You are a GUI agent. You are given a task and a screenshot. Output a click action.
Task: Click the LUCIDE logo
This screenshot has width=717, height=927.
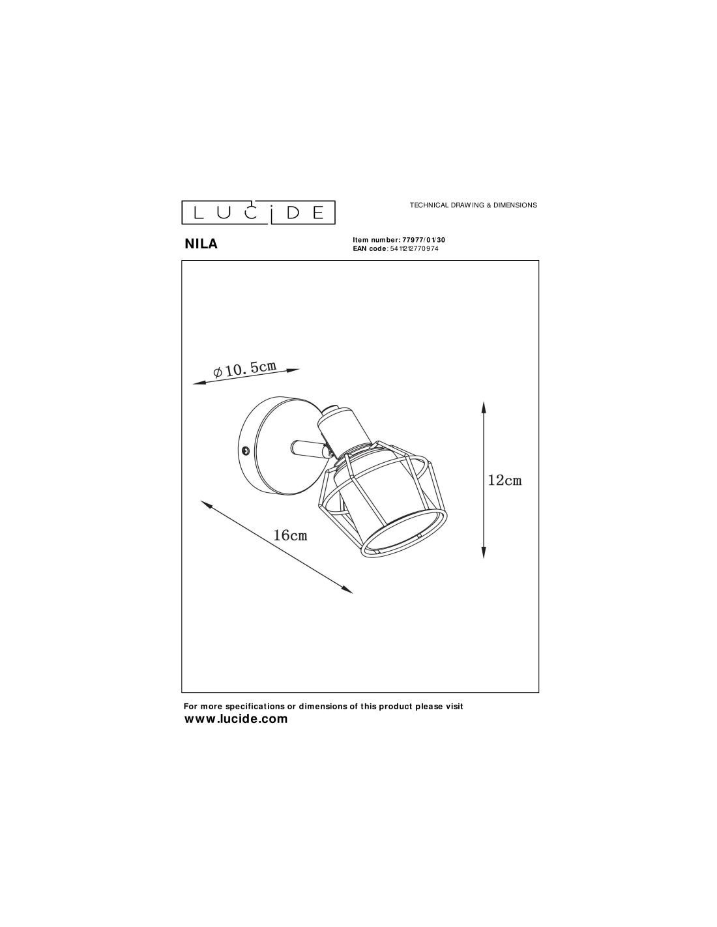[258, 212]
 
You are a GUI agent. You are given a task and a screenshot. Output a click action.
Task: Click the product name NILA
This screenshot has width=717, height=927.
[201, 244]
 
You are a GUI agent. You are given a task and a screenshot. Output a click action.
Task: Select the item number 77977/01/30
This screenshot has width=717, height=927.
[420, 240]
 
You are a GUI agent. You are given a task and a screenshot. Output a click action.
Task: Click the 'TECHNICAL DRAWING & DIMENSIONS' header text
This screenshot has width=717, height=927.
[473, 205]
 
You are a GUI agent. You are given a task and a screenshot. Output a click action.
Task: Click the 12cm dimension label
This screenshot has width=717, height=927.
[505, 480]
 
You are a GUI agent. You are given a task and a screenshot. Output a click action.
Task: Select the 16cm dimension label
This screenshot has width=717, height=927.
[290, 535]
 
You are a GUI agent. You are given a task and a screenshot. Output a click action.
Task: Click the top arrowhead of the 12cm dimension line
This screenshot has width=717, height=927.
[483, 408]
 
